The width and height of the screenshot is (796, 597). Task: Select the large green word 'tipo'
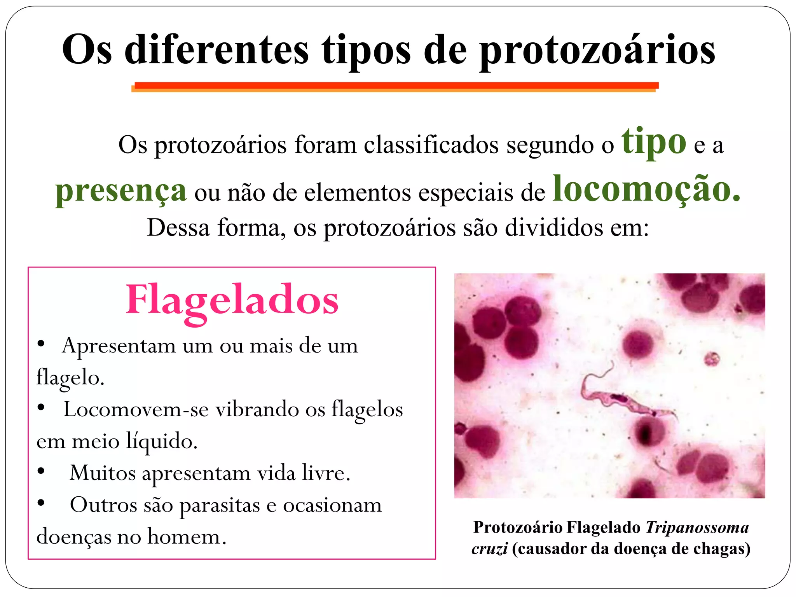click(x=654, y=142)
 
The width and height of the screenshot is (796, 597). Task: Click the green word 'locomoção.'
click(x=646, y=189)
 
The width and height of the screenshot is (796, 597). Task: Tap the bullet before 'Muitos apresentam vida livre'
click(x=41, y=471)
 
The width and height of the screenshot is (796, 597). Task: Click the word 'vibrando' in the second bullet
click(x=257, y=410)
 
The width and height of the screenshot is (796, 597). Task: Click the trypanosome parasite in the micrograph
click(x=622, y=400)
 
